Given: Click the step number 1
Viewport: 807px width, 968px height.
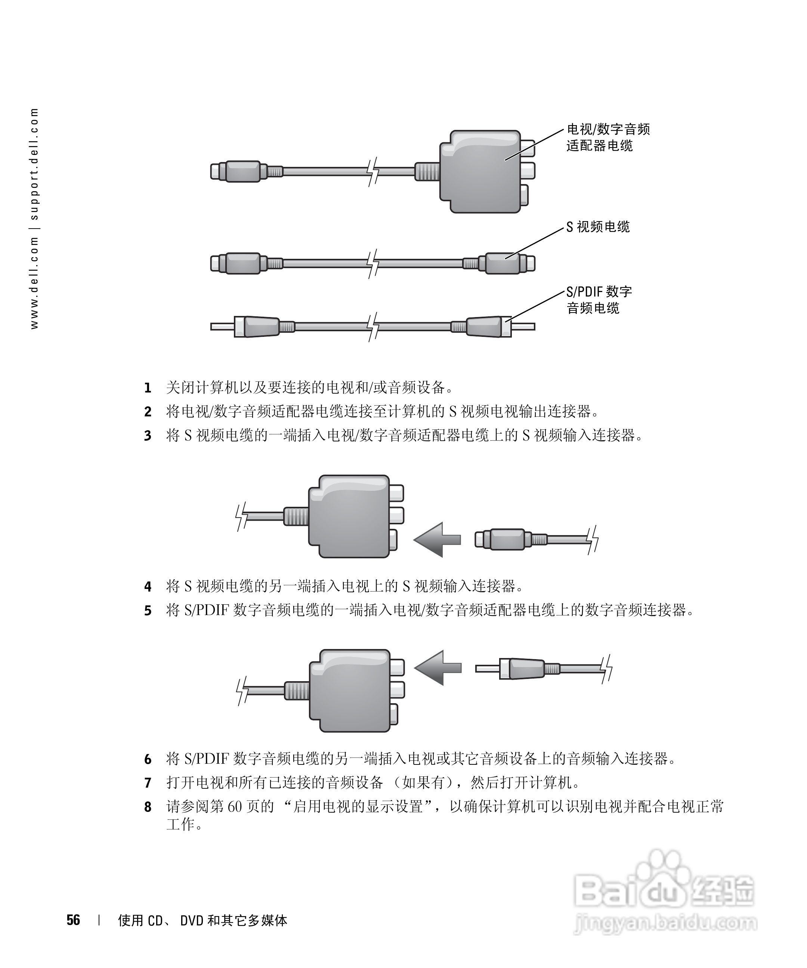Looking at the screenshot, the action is coord(148,388).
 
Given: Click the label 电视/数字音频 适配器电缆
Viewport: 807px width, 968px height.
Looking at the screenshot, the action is coord(608,137).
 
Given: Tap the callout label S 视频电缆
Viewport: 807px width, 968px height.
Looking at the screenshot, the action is coord(598,227).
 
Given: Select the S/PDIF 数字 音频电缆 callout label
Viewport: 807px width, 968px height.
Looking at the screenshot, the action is coord(599,300).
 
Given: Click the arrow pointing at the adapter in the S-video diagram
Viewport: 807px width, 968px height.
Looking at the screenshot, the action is coord(437,539).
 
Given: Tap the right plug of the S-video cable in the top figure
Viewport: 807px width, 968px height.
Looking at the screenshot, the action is coord(507,263).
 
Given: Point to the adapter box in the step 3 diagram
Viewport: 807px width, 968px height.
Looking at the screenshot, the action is coord(350,516).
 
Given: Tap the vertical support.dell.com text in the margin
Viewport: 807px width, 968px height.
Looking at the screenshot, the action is coord(35,164).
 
